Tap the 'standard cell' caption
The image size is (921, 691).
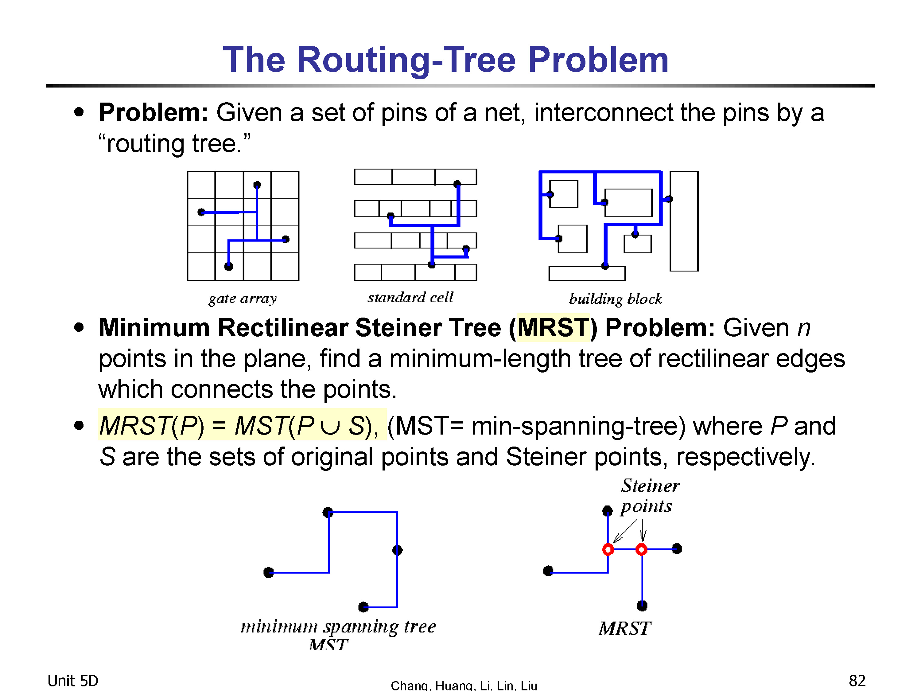coord(410,297)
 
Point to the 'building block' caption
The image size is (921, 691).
coord(616,299)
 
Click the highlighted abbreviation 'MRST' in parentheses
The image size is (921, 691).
coord(553,327)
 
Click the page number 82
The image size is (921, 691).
coord(857,681)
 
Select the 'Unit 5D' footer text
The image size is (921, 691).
coord(73,681)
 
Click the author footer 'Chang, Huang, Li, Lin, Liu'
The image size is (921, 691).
coord(464,685)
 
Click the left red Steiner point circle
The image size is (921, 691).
coord(608,550)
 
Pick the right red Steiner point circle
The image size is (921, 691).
coord(642,550)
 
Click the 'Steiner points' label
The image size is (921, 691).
coord(650,496)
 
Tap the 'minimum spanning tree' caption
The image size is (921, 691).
coord(338,627)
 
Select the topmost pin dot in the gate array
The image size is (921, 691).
coord(257,185)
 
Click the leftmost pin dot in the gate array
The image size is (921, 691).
coord(201,212)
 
